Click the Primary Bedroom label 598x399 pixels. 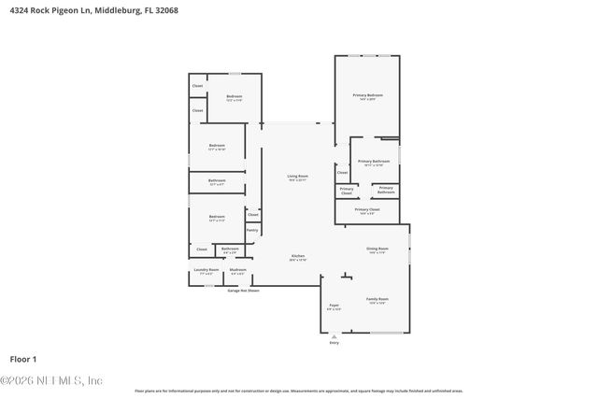367,95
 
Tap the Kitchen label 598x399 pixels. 297,256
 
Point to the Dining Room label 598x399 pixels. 377,249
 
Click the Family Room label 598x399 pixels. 377,299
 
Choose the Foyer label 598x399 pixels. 334,306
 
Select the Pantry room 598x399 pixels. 252,230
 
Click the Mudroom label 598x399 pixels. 237,271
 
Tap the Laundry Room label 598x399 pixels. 206,271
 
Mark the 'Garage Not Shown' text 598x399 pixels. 243,291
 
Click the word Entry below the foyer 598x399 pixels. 334,343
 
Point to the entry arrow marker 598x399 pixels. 334,336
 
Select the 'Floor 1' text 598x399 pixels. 22,358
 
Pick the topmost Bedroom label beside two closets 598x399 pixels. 234,97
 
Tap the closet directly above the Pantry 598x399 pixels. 252,214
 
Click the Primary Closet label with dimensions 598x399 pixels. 367,210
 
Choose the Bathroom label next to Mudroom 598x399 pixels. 230,249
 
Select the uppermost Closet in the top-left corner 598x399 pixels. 197,86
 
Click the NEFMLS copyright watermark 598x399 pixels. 51,380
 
